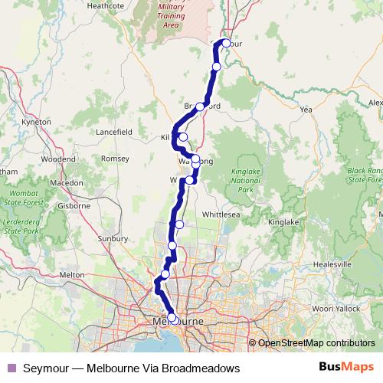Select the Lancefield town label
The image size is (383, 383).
click(114, 132)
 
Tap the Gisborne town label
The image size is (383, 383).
click(75, 207)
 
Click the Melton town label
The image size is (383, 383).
click(71, 274)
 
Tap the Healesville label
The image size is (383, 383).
click(332, 264)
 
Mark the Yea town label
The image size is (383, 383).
click(307, 110)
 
